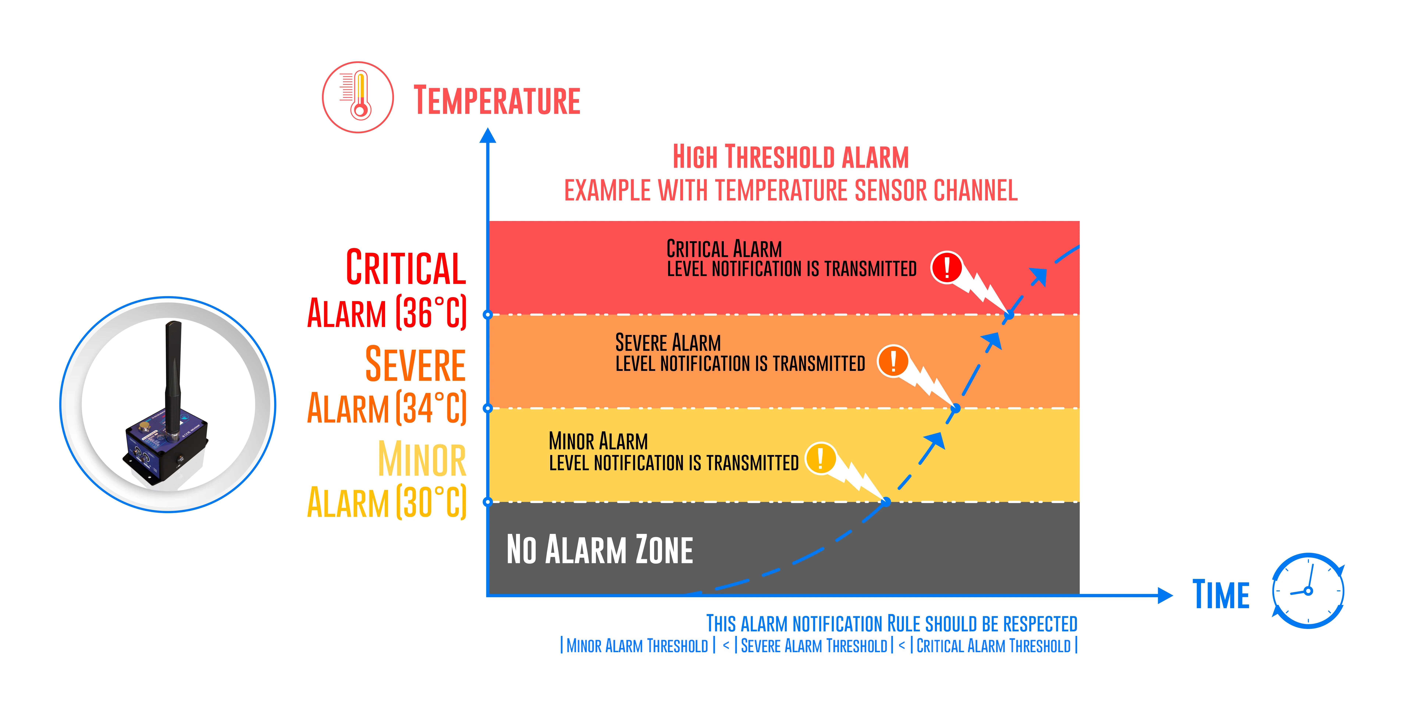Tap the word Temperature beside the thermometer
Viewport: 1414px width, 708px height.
click(497, 100)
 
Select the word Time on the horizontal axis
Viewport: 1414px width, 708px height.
click(1221, 594)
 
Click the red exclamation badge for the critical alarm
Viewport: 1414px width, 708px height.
click(946, 267)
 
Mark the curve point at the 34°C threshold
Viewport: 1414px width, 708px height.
click(956, 408)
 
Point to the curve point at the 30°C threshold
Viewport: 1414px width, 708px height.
click(886, 502)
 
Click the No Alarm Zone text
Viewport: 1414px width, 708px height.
click(599, 549)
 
